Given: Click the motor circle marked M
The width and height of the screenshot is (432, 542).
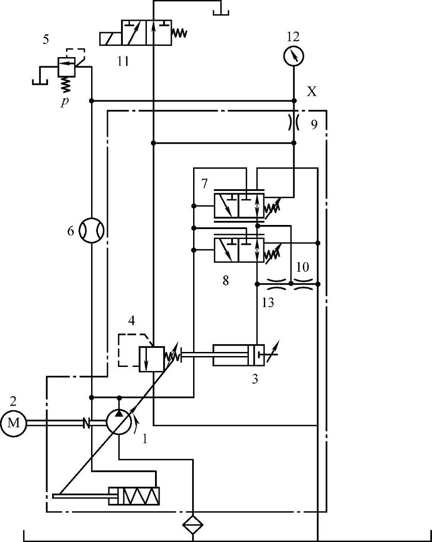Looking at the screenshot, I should tap(14, 423).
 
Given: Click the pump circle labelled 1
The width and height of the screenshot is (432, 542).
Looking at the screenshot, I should tap(119, 423).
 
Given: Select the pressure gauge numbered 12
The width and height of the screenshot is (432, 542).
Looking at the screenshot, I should tap(293, 56).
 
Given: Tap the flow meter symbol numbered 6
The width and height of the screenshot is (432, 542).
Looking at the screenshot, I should tap(92, 230).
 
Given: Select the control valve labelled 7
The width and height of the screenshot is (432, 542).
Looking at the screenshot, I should tap(239, 205).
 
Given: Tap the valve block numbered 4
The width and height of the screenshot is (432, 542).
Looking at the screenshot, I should tap(151, 359).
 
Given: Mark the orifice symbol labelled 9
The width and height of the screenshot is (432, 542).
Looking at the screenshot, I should tap(293, 122).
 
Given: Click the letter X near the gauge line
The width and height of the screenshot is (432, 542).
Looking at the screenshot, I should tap(312, 92).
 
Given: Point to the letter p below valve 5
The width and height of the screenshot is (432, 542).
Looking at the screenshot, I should tap(65, 101).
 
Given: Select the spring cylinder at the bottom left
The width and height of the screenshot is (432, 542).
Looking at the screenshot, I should tap(134, 496).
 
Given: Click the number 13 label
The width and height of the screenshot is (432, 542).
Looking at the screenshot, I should tap(268, 303).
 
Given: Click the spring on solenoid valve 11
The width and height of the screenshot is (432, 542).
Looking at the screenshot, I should tap(179, 33).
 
